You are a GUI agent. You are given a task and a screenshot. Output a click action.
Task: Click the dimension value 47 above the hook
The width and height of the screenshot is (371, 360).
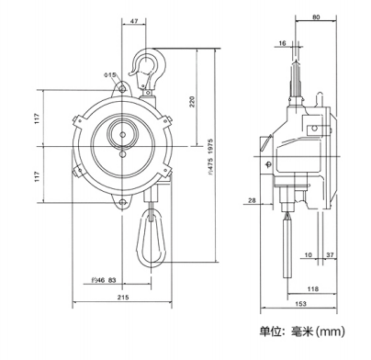point(134,21)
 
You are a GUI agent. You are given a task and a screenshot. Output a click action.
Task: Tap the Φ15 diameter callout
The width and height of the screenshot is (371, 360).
point(110,74)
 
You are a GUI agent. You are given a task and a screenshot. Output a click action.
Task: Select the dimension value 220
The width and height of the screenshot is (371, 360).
point(192,102)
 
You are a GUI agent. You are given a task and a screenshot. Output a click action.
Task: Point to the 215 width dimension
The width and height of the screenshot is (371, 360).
point(123,297)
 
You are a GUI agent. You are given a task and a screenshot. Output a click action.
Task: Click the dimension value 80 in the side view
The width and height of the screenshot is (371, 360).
point(316,17)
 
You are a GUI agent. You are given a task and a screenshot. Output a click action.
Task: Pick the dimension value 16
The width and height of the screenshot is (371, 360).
point(283,43)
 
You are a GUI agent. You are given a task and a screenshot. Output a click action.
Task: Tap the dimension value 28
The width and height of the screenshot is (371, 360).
point(252,200)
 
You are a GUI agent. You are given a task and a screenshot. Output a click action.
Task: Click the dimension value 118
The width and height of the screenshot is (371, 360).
point(312,288)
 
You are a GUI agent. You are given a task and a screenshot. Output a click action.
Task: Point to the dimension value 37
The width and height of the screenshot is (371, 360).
point(331,254)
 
